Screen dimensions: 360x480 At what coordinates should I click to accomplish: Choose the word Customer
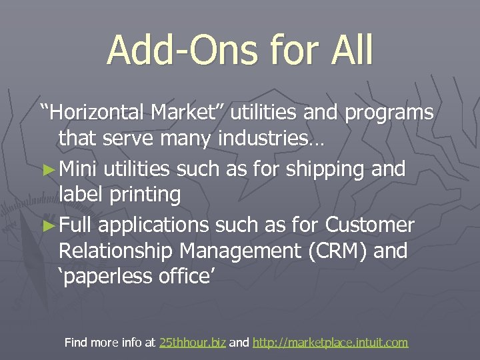pyautogui.click(x=370, y=225)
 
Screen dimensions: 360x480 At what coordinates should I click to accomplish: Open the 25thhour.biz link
pyautogui.click(x=193, y=343)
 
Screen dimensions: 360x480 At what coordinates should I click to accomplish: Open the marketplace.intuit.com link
pyautogui.click(x=330, y=343)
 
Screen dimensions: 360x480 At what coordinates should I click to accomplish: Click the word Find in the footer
pyautogui.click(x=75, y=343)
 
